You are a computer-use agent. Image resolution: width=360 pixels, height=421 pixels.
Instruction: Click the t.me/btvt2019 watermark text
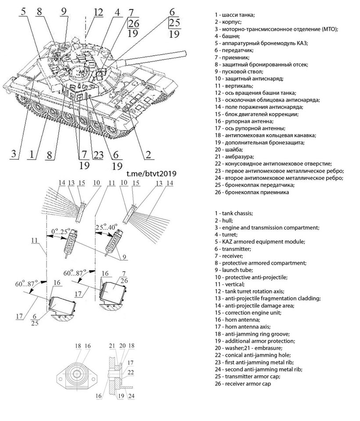click(151, 174)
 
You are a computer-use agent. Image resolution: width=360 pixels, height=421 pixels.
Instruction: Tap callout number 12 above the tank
click(98, 12)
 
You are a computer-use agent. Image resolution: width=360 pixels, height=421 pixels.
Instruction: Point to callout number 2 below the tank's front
click(148, 154)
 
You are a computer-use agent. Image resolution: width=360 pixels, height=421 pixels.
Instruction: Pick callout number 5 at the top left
click(22, 12)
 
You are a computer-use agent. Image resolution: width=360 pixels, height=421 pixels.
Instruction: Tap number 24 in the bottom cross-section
click(131, 396)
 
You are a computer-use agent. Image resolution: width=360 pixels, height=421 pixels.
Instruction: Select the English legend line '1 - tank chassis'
click(234, 213)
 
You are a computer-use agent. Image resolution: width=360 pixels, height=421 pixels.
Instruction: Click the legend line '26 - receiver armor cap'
click(249, 384)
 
